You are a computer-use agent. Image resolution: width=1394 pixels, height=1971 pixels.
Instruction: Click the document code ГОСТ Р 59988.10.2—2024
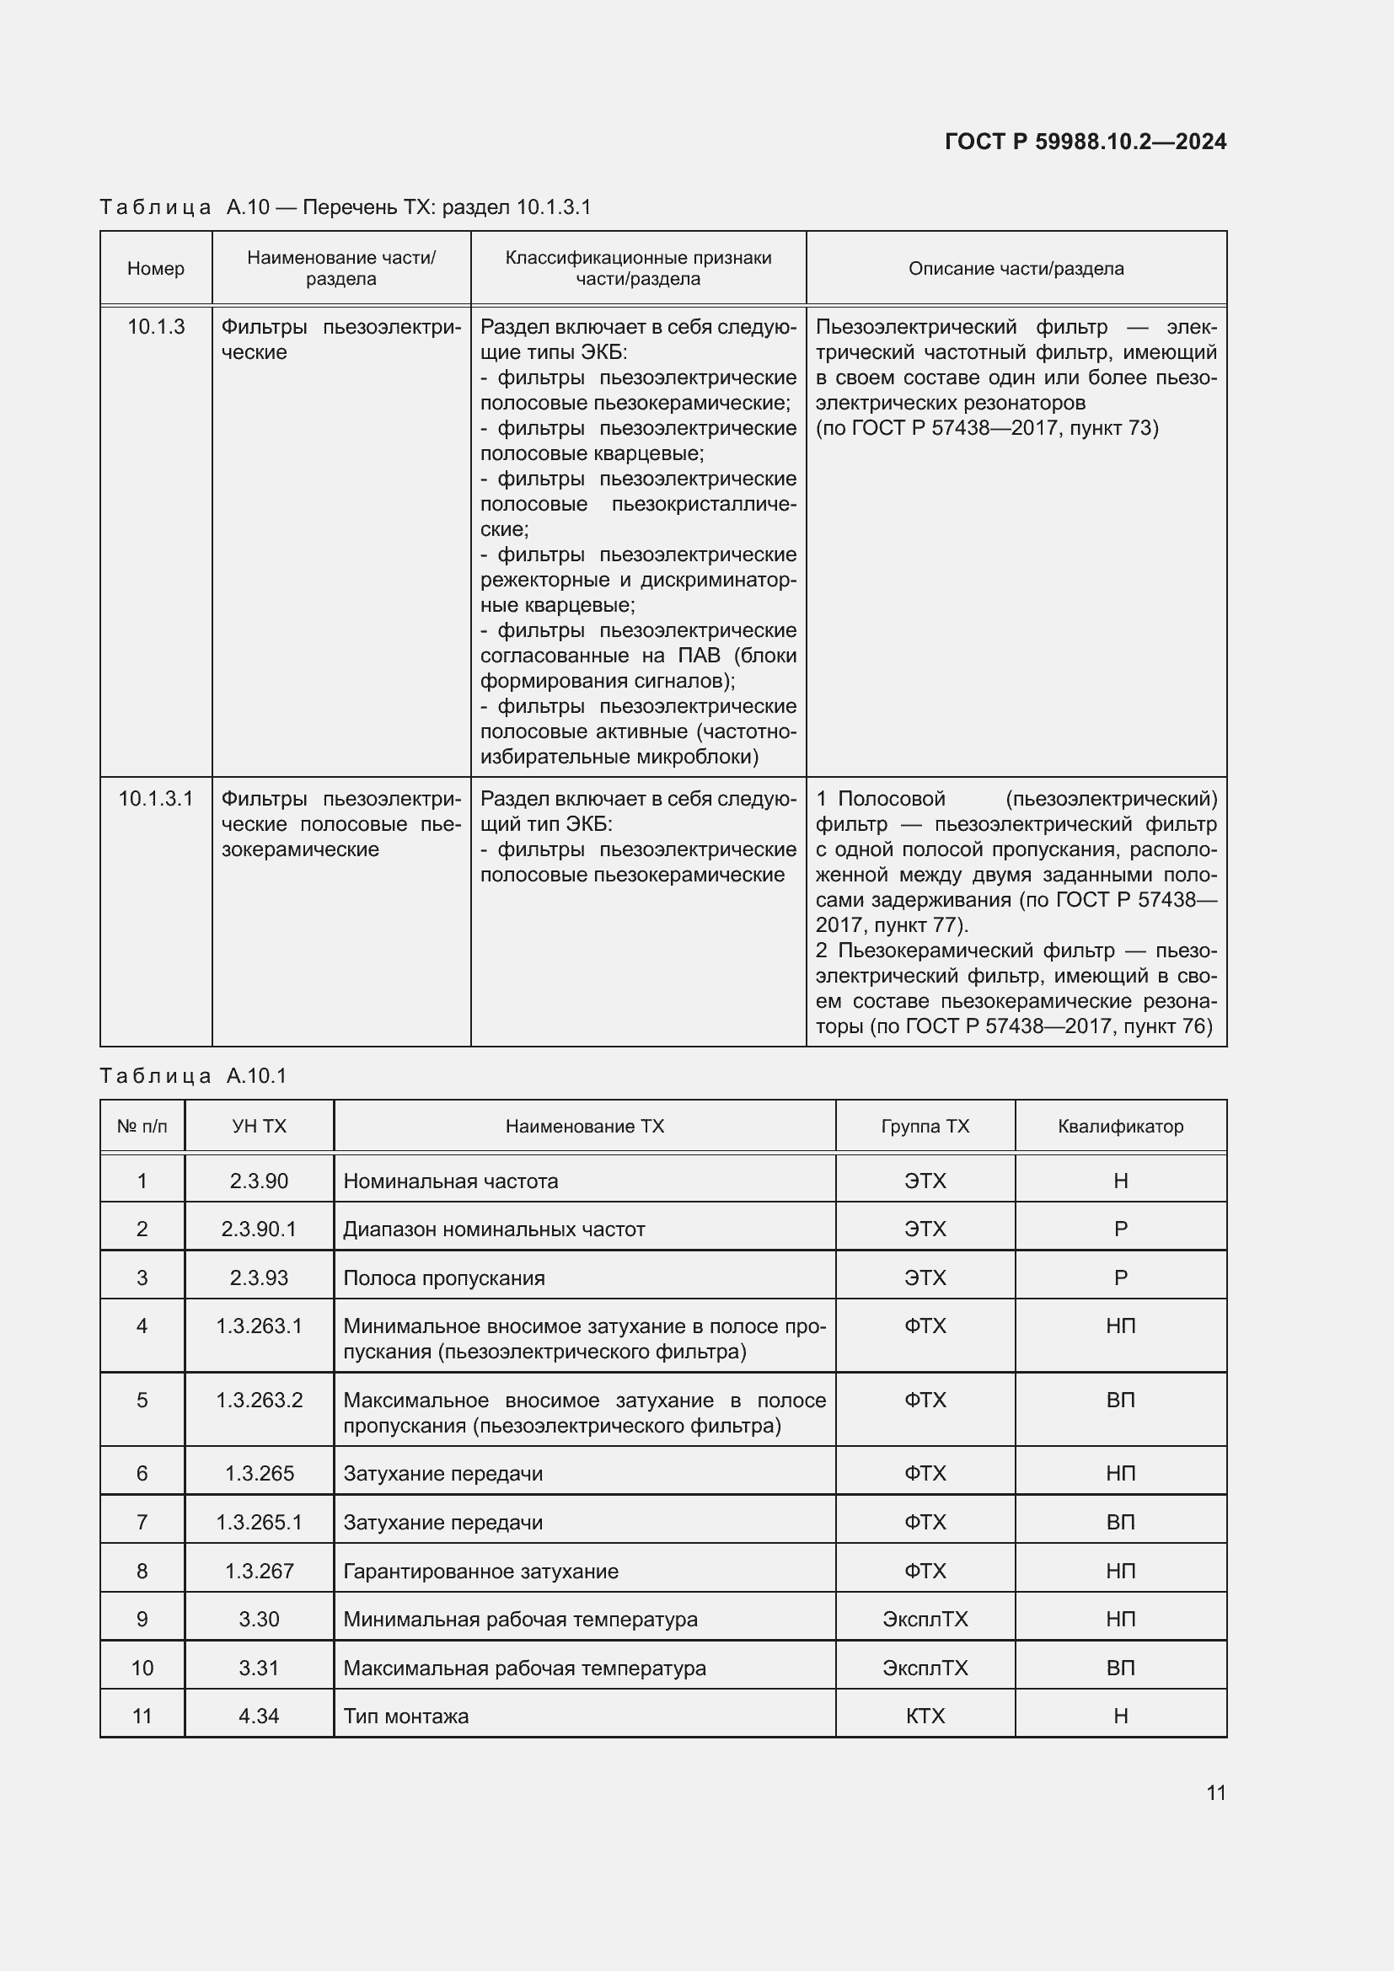click(1085, 142)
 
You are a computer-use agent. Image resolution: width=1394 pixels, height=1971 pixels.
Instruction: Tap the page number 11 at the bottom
click(1215, 1792)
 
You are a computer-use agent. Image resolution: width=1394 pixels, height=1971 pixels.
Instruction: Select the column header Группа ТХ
click(925, 1127)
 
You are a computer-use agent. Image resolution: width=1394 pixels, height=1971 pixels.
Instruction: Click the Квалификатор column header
click(1120, 1127)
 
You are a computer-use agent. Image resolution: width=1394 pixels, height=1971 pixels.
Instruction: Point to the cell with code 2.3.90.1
click(259, 1229)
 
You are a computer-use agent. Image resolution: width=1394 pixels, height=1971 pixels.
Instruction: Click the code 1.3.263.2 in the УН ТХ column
click(259, 1401)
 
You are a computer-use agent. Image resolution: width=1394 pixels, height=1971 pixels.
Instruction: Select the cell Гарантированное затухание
click(480, 1571)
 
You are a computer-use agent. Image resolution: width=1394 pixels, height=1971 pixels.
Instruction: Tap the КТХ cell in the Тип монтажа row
click(925, 1716)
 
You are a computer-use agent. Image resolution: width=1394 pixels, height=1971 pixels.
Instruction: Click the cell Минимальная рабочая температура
click(520, 1619)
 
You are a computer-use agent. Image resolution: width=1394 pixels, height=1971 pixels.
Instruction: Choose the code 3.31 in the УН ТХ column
click(259, 1668)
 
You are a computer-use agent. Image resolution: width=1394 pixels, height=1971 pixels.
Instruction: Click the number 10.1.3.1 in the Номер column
click(155, 799)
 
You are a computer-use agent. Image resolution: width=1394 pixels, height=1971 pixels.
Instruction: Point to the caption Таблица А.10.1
click(193, 1075)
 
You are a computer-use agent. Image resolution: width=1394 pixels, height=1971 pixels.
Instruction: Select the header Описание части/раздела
click(1016, 269)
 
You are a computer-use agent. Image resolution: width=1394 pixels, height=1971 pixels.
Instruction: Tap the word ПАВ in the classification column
click(699, 656)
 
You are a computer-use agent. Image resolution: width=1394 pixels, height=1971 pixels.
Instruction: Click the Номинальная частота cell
click(451, 1181)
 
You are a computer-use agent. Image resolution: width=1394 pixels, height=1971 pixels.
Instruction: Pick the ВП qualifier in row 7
click(1120, 1522)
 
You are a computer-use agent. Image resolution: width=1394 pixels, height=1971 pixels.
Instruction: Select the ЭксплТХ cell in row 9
click(925, 1619)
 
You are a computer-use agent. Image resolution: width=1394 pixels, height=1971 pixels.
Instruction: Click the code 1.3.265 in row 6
click(259, 1473)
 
